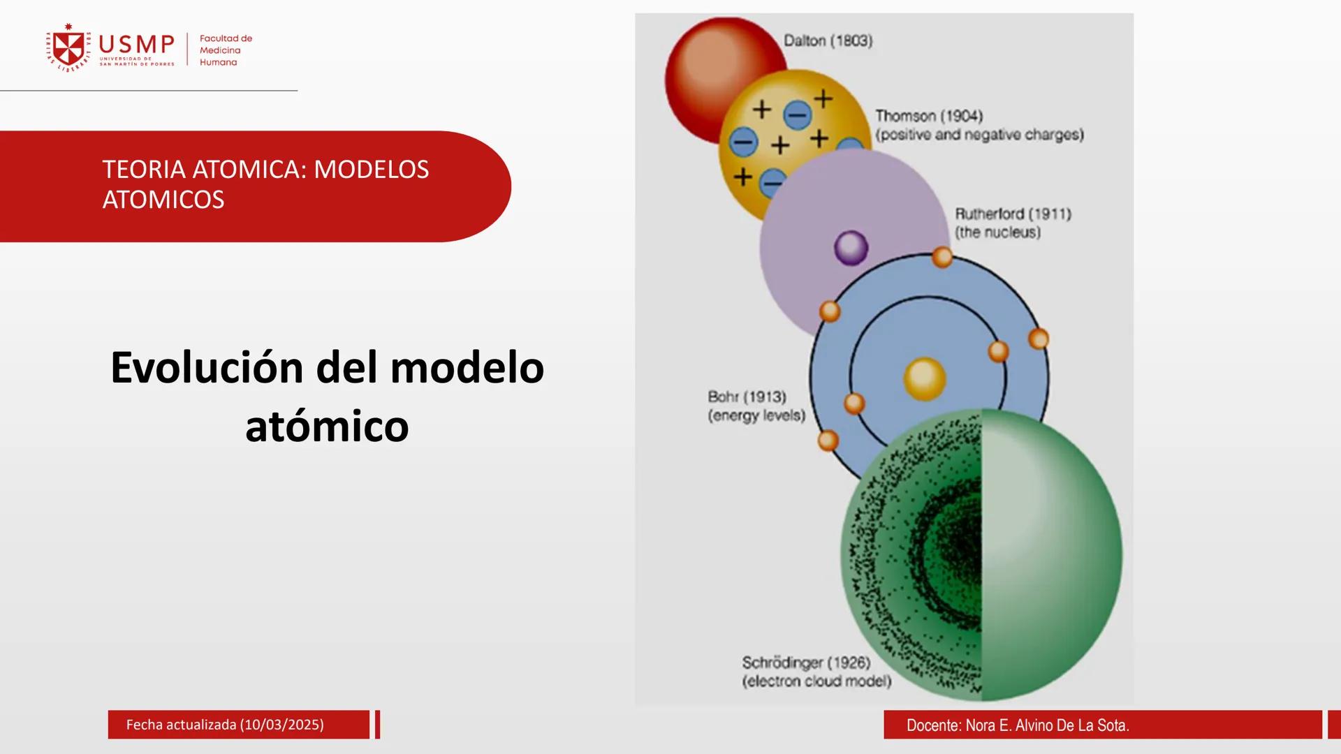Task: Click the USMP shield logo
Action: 68,48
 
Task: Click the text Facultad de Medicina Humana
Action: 225,50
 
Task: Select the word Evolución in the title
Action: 207,368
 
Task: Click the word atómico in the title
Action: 327,427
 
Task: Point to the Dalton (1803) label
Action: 828,41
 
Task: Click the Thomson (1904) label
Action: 928,116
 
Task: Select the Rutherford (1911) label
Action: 1012,214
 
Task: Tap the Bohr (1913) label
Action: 747,397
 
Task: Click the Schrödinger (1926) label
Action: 805,663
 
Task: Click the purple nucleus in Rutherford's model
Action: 851,248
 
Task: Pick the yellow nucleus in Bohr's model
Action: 924,379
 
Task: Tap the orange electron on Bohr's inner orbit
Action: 998,351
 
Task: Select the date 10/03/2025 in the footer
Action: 281,725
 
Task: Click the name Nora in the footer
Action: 980,726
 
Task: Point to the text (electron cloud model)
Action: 816,681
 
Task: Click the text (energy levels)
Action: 756,416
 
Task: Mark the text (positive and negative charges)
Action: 979,135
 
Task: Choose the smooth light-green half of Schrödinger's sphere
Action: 1048,559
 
